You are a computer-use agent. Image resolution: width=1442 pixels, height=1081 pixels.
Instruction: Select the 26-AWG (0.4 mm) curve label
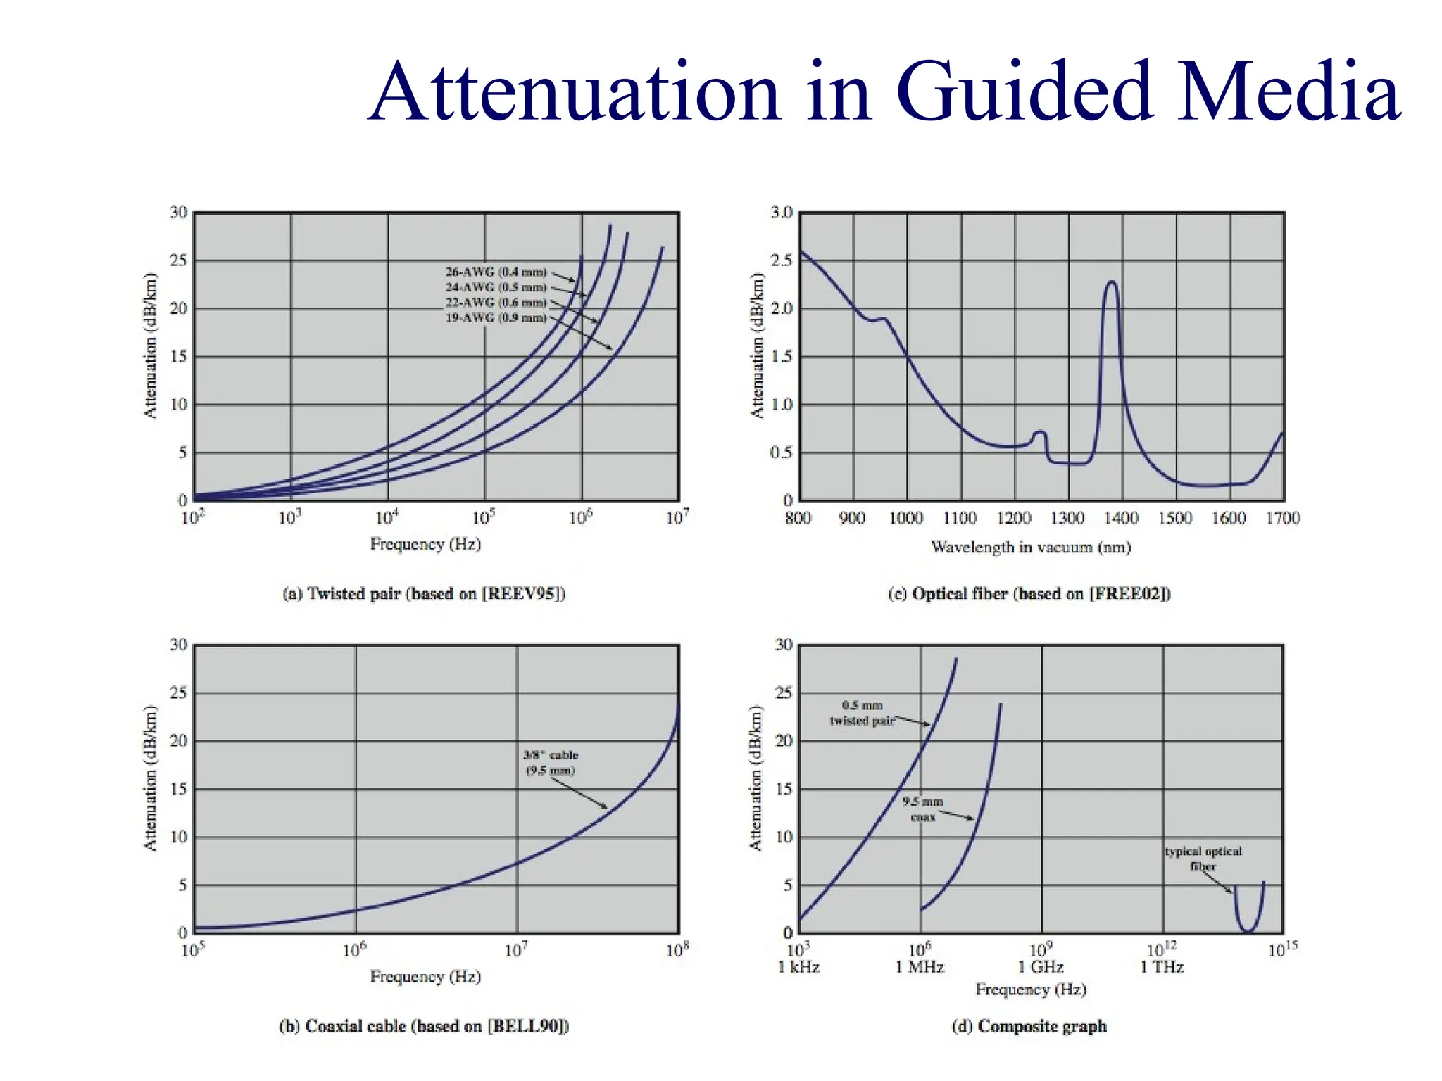coord(496,272)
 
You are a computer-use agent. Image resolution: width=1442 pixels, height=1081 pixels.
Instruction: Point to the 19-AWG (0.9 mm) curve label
coord(496,318)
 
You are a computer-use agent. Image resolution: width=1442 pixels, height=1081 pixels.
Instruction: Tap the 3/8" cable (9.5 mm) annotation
coord(551,763)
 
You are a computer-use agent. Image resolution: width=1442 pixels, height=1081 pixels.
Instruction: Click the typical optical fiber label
coord(1203,859)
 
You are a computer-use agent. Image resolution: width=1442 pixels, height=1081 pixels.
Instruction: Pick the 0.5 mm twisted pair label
coord(862,713)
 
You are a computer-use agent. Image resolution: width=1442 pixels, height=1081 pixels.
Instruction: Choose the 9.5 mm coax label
coord(922,809)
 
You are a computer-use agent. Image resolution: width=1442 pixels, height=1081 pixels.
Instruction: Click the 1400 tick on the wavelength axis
coord(1121,519)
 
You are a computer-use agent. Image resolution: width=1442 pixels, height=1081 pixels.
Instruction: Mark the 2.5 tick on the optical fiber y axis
coord(782,260)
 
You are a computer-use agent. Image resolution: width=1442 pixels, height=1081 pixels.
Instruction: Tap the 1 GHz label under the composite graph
coord(1041,967)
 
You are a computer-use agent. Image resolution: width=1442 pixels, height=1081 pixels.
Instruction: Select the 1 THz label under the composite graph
coord(1162,967)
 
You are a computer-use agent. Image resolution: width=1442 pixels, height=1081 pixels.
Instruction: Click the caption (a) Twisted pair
coord(424,594)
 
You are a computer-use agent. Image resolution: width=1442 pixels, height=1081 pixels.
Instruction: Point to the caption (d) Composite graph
coord(1029,1026)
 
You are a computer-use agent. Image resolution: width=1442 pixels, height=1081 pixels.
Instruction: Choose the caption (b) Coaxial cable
coord(424,1026)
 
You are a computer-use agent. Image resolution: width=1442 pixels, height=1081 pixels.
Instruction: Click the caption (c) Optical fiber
coord(1029,594)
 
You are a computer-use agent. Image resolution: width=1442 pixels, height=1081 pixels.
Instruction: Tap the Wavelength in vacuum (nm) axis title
coord(1031,548)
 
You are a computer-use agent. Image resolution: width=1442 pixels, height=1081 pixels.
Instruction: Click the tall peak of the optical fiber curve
coord(1112,283)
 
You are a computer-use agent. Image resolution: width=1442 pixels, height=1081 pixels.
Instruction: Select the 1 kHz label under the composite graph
coord(799,967)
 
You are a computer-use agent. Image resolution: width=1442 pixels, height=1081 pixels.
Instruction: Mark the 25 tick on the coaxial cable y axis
coord(179,693)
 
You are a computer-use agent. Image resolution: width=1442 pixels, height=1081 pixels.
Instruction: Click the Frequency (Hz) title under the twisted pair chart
coord(425,544)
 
